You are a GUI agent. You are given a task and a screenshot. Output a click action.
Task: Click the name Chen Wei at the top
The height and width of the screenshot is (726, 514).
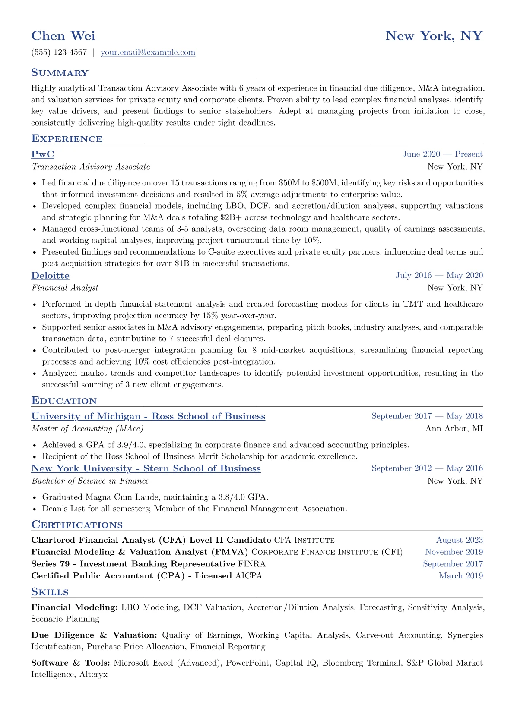click(63, 36)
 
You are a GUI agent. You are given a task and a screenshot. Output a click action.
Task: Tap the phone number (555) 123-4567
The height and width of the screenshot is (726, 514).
click(59, 53)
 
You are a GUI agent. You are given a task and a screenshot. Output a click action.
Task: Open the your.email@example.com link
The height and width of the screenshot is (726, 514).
click(148, 53)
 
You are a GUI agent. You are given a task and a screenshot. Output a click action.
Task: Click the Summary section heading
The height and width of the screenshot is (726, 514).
click(60, 73)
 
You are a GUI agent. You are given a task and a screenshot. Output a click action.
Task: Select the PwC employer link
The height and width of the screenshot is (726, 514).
click(43, 154)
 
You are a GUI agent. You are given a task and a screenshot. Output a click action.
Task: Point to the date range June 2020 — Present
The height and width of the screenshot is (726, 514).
click(442, 154)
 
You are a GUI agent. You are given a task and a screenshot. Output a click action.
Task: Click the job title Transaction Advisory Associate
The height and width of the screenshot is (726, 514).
click(91, 167)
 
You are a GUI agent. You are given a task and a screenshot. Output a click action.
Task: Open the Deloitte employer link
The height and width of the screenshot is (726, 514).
click(50, 276)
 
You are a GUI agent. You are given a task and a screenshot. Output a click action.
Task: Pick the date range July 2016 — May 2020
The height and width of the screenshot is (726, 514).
click(439, 276)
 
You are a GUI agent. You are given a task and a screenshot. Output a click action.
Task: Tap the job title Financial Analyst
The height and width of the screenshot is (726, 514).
click(65, 288)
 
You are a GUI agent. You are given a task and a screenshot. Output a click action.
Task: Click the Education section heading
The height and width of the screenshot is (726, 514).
click(64, 401)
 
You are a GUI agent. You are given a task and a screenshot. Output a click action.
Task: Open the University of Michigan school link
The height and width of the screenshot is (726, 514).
click(148, 416)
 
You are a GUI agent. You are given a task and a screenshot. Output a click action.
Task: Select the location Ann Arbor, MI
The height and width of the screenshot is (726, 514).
click(454, 429)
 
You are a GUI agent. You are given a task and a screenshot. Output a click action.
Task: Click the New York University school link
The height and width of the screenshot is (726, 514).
click(146, 468)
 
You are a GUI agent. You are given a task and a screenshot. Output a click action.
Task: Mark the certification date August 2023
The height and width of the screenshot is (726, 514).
click(459, 540)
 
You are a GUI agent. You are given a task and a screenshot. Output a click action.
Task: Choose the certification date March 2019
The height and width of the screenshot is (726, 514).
click(460, 576)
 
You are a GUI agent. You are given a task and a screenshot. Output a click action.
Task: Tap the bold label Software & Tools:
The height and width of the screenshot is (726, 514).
click(70, 663)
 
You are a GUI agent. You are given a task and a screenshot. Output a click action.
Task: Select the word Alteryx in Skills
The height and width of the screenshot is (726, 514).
click(93, 674)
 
